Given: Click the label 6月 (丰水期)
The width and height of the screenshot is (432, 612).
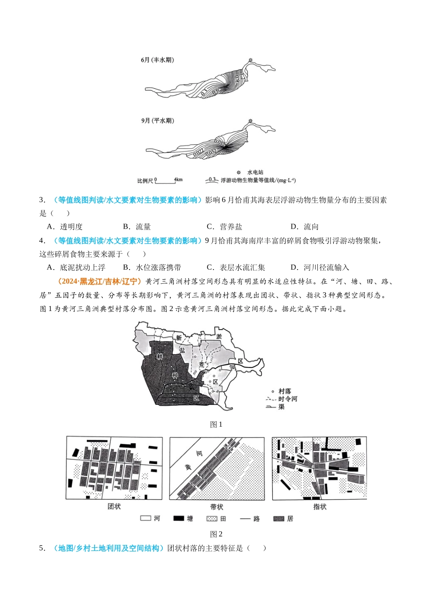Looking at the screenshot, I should click(x=157, y=60).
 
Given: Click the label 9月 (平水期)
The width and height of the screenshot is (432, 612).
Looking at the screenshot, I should click(x=157, y=121).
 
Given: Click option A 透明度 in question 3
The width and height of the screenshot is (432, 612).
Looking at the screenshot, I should click(x=65, y=227).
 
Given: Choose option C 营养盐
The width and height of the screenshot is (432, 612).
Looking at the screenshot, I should click(x=225, y=227).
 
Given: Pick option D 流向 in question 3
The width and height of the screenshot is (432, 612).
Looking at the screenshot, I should click(x=306, y=227).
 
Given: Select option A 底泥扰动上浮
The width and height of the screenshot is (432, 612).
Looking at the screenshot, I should click(x=76, y=268).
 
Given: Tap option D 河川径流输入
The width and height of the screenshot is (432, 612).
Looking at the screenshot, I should click(x=320, y=268).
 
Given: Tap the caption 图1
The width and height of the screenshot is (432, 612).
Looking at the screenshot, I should click(x=216, y=424).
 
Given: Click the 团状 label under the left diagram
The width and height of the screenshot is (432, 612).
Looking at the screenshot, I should click(x=114, y=507).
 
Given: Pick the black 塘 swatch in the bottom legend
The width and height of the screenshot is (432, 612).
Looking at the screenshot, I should click(x=178, y=519).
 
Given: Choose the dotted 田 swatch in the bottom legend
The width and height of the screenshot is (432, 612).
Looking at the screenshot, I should click(x=211, y=519).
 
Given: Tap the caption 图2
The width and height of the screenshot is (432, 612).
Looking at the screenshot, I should click(x=216, y=534).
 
